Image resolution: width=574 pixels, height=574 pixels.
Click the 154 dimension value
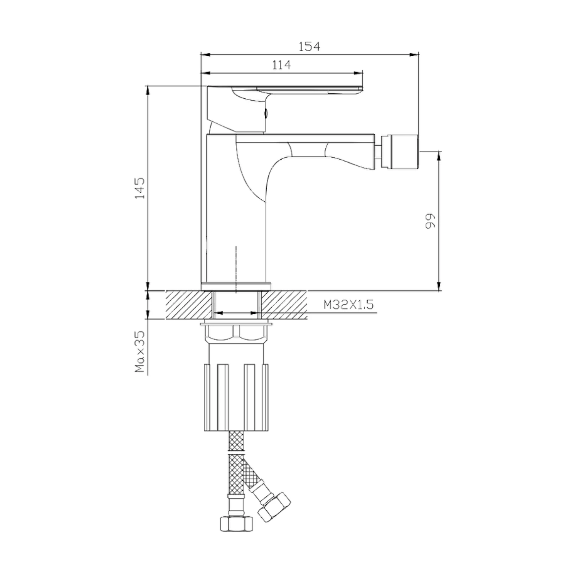(x=309, y=46)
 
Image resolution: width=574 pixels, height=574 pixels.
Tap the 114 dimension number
(x=281, y=65)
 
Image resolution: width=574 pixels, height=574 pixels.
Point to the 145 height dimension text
(x=140, y=188)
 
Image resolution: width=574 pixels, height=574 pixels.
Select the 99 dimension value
(x=430, y=221)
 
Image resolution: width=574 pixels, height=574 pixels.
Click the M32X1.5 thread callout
(x=349, y=305)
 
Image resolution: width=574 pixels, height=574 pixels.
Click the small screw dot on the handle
(x=267, y=113)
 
